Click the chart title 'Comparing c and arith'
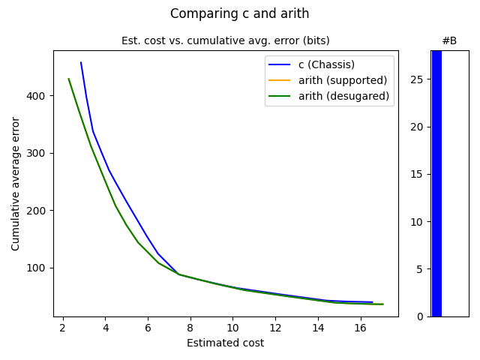pyautogui.click(x=239, y=13)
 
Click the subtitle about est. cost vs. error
pyautogui.click(x=225, y=40)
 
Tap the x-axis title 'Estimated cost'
pyautogui.click(x=225, y=343)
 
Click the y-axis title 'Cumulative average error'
pyautogui.click(x=16, y=183)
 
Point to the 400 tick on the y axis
pyautogui.click(x=38, y=96)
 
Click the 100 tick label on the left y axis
pyautogui.click(x=38, y=268)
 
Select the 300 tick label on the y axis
pyautogui.click(x=38, y=153)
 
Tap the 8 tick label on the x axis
pyautogui.click(x=190, y=328)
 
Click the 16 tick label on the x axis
pyautogui.click(x=361, y=328)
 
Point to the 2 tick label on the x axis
pyautogui.click(x=62, y=328)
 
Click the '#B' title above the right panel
pyautogui.click(x=449, y=40)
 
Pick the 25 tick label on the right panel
pyautogui.click(x=417, y=79)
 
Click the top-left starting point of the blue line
pyautogui.click(x=80, y=62)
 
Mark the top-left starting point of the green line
pyautogui.click(x=68, y=79)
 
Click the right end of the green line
pyautogui.click(x=383, y=304)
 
